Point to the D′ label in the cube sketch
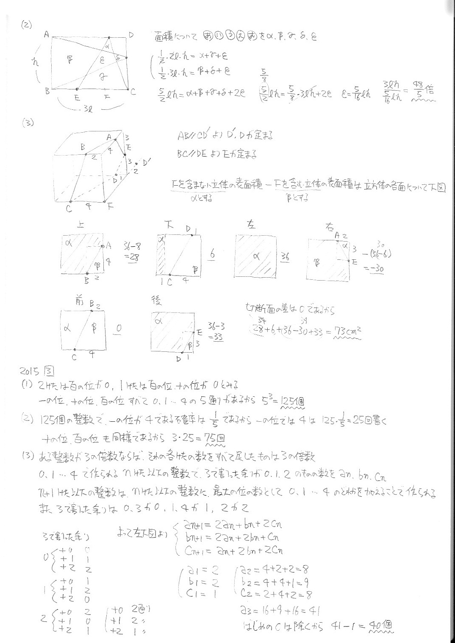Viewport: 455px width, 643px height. [x=147, y=162]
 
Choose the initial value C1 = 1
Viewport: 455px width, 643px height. [x=202, y=593]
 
